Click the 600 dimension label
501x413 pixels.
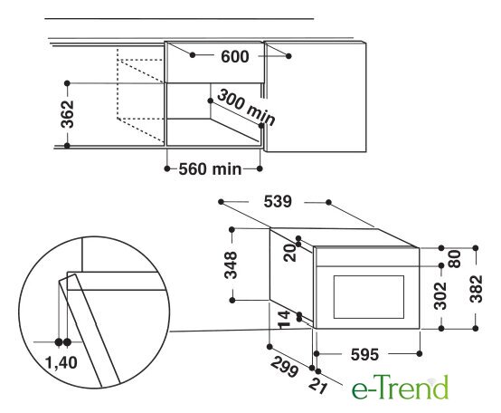(234, 57)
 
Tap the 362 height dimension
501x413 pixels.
(68, 114)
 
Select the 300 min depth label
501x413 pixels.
(246, 108)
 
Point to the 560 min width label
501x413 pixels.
(210, 168)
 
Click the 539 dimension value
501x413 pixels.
(278, 202)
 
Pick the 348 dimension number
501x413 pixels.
(232, 265)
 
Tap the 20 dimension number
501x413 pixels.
(290, 253)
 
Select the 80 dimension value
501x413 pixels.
(455, 259)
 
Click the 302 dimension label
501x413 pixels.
(440, 295)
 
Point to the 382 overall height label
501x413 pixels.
(476, 289)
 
